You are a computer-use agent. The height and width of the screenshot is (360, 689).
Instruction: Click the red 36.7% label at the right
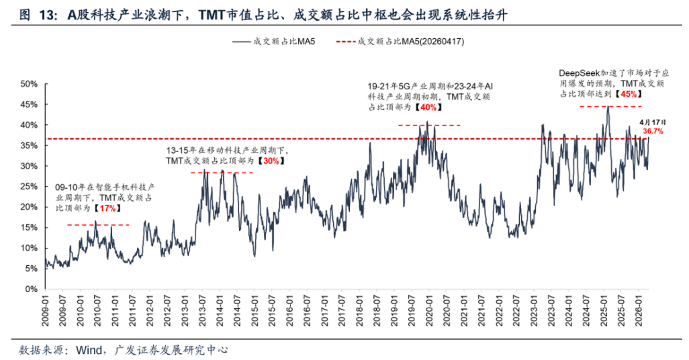click(x=652, y=132)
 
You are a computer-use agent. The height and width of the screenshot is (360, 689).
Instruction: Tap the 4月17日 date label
click(x=651, y=122)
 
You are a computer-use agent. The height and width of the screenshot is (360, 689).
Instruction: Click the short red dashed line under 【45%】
click(x=612, y=106)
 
